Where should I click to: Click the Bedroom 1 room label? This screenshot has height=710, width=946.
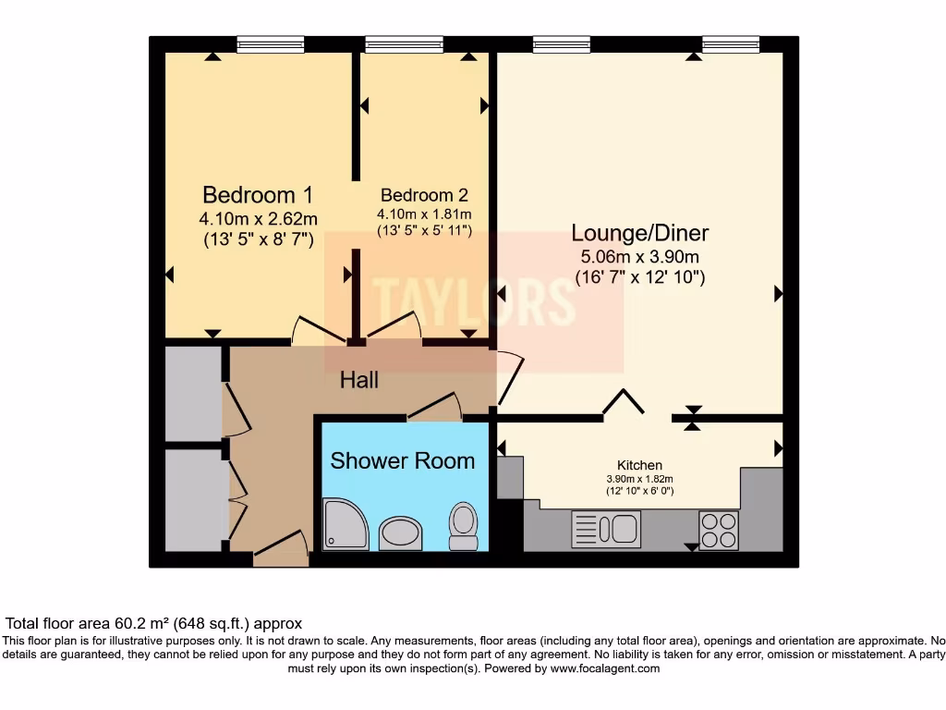point(257,195)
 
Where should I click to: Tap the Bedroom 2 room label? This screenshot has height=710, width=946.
point(424,195)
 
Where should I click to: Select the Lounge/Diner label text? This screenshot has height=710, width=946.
point(639,232)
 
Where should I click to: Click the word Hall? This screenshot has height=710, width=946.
point(358,380)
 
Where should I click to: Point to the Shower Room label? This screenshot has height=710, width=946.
point(402,460)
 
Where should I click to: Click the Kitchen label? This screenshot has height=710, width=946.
point(639,465)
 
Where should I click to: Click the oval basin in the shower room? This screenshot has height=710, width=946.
point(400,533)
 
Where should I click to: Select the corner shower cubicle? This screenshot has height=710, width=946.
point(344,524)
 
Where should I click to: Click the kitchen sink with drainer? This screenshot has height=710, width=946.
point(605,529)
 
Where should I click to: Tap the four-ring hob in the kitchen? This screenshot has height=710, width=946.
point(718,530)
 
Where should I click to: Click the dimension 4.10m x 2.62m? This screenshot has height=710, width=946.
point(258,219)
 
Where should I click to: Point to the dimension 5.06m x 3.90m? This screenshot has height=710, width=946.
point(639,256)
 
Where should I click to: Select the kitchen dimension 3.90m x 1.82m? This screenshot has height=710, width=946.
point(639,479)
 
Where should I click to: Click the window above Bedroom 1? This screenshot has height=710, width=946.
point(270,43)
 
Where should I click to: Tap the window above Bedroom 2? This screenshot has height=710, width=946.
point(390,43)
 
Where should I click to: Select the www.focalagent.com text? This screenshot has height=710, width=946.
point(604,668)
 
